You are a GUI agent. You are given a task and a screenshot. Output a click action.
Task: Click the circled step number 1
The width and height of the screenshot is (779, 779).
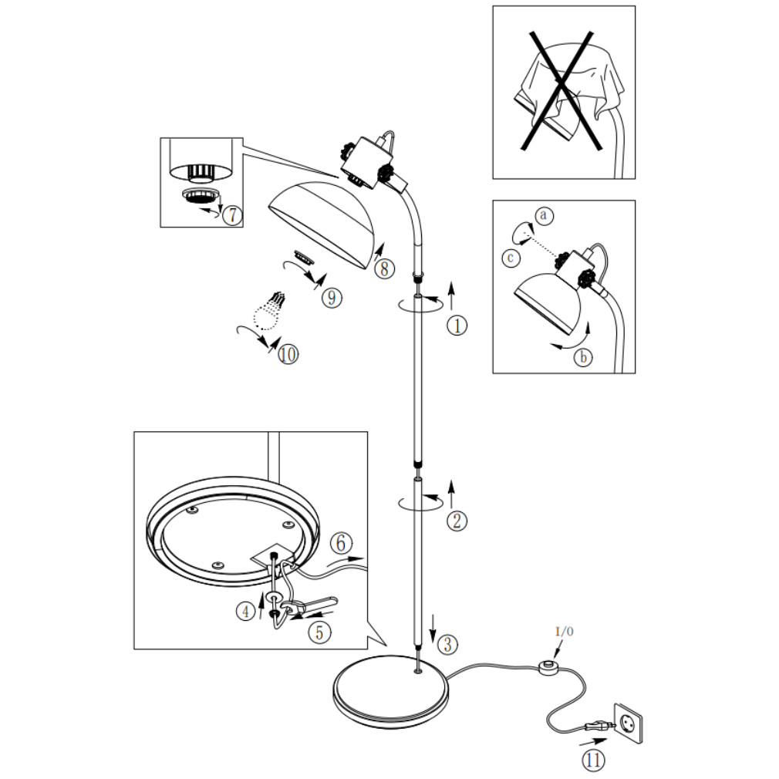(457, 325)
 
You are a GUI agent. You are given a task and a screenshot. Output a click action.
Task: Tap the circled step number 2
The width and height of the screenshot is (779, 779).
(457, 521)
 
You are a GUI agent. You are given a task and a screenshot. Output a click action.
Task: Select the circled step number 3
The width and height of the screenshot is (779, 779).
(448, 642)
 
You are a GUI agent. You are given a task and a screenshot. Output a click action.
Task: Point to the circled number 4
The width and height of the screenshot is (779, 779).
(245, 612)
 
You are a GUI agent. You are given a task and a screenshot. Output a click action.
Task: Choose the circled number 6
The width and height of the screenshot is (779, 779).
(341, 543)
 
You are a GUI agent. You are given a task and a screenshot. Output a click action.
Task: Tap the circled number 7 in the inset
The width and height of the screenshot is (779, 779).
(231, 215)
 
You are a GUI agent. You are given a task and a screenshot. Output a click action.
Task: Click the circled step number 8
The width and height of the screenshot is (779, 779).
(384, 268)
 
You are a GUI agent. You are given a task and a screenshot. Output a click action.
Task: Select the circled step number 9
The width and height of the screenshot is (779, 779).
(332, 298)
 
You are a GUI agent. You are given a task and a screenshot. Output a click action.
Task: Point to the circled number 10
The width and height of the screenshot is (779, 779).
(288, 354)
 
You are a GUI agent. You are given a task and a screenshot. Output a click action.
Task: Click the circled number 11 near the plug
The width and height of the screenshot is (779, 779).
(593, 760)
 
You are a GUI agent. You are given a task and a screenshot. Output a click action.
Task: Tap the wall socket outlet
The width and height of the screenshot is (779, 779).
(627, 724)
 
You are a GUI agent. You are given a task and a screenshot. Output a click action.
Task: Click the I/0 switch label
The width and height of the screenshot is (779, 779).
(565, 632)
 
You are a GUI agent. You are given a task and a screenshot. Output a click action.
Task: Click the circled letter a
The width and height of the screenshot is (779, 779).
(544, 215)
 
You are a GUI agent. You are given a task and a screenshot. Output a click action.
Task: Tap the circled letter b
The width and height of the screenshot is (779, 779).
(584, 357)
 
